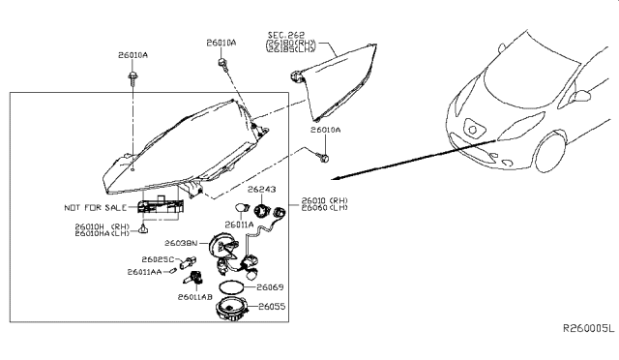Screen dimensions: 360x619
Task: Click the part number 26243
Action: pyautogui.click(x=262, y=190)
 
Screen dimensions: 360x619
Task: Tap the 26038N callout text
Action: pyautogui.click(x=180, y=243)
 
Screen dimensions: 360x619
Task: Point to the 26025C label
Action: pyautogui.click(x=159, y=260)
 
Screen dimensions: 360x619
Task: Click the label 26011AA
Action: pyautogui.click(x=145, y=272)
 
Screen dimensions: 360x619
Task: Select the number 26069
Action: pyautogui.click(x=269, y=287)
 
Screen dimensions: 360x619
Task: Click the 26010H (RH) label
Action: pyautogui.click(x=94, y=225)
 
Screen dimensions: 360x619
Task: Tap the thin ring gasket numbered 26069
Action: pyautogui.click(x=231, y=287)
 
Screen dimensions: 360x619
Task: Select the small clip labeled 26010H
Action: pyautogui.click(x=143, y=230)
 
